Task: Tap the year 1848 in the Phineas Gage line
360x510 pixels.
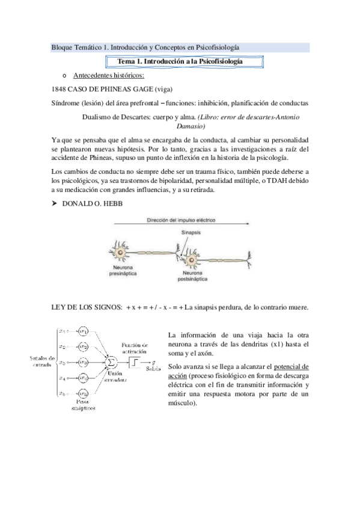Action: (x=60, y=88)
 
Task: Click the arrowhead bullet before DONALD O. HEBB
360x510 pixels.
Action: (x=56, y=204)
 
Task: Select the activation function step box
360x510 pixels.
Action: (x=135, y=361)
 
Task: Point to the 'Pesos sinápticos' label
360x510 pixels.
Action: (x=84, y=404)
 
